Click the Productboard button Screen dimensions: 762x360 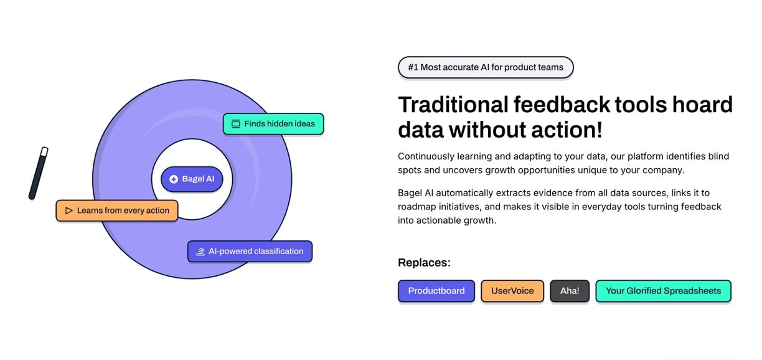coord(436,291)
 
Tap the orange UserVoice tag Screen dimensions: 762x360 coord(512,291)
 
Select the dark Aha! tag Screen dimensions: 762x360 coord(570,291)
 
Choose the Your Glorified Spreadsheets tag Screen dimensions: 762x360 coord(664,291)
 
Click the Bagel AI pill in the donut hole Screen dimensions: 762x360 coord(192,179)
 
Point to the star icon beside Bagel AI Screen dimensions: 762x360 coord(174,179)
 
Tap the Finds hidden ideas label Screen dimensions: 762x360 coord(273,124)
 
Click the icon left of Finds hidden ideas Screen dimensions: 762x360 coord(236,124)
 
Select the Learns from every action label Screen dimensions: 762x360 coord(117,211)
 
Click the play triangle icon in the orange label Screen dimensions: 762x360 coord(68,211)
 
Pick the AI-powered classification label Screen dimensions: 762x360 coord(250,252)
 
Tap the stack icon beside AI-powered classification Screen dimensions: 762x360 coord(200,252)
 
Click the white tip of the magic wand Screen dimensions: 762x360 coord(44,151)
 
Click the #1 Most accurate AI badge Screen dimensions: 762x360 coord(486,67)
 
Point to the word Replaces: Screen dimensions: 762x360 coord(424,263)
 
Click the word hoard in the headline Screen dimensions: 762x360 coord(702,105)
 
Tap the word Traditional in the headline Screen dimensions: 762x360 coord(453,105)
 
